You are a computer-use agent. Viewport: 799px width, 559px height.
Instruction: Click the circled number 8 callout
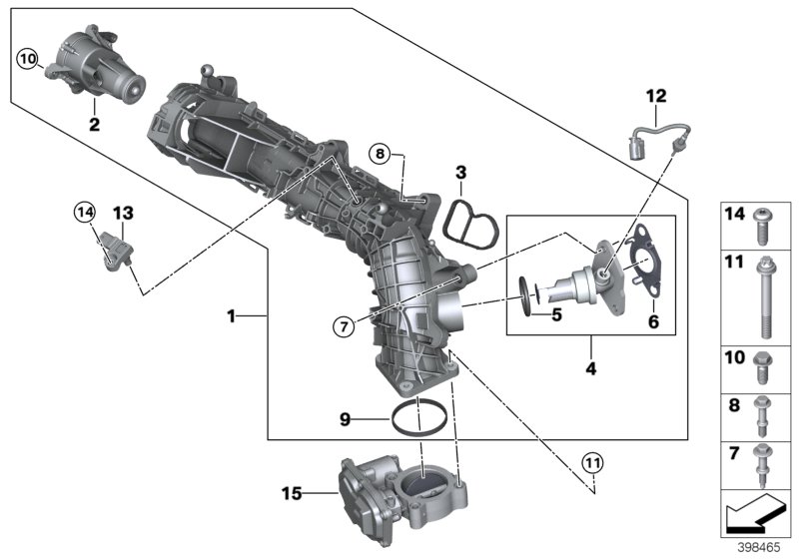(379, 153)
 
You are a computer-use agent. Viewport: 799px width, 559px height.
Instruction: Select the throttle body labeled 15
(392, 492)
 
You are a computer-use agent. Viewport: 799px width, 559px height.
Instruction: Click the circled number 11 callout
(593, 463)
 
